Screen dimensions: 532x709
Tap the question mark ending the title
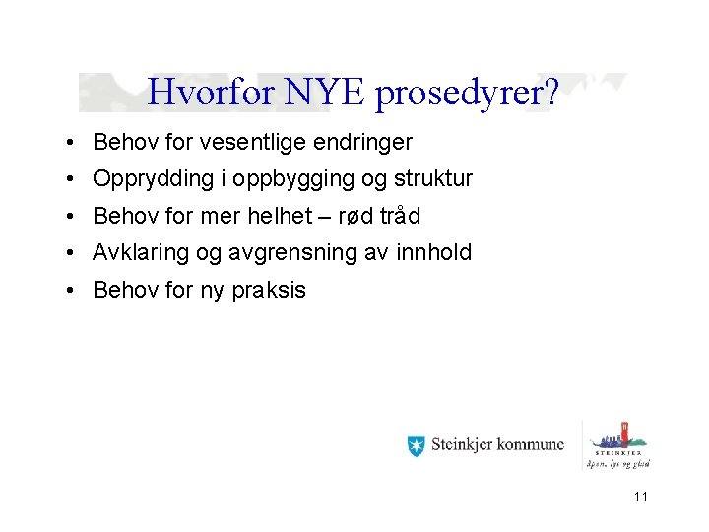[x=552, y=93]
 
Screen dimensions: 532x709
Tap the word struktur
[x=427, y=179]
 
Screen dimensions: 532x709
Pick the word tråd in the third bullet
[x=398, y=216]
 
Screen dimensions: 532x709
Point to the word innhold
[x=433, y=252]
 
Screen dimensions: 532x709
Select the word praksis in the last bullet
[x=269, y=291]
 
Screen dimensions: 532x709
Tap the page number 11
[x=641, y=497]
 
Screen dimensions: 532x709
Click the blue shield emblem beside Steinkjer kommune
[x=416, y=445]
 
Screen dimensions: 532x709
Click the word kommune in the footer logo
[x=531, y=445]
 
